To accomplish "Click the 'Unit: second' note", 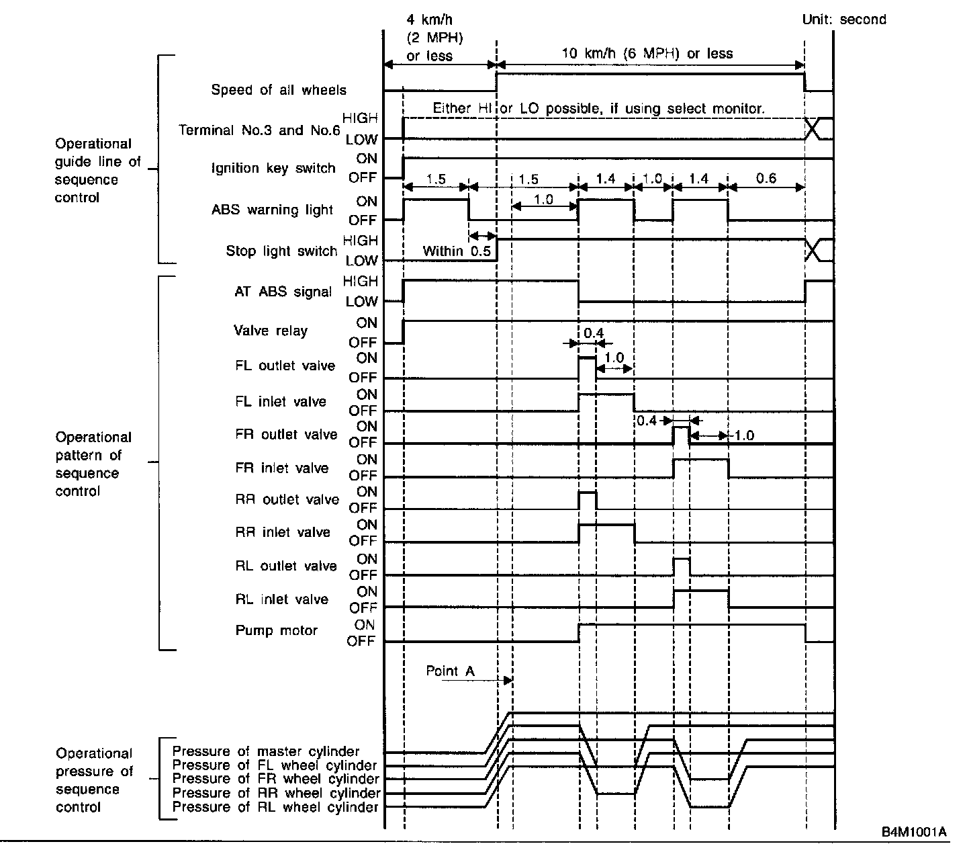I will tap(844, 19).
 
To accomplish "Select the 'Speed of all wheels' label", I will tap(279, 90).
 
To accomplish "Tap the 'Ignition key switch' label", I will tap(273, 168).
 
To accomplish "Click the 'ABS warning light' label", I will tap(272, 210).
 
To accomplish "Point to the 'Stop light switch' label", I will tap(281, 251).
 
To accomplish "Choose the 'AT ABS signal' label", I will tap(283, 292).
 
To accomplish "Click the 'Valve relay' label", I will tap(271, 331).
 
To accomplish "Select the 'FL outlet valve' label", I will tap(285, 366).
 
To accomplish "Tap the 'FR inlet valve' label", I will tap(282, 468).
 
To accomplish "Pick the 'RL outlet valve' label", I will tap(286, 566).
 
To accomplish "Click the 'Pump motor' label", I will tap(276, 630).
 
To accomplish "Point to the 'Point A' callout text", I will tap(450, 671).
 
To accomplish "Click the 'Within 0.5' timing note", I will tap(457, 251).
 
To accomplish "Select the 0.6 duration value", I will tap(766, 178).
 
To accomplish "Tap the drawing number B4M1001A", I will tap(914, 832).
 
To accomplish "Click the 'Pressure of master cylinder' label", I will tap(266, 751).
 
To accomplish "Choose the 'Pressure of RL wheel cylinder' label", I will tap(275, 807).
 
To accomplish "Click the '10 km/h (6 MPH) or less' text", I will tap(647, 54).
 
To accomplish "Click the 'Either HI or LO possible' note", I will tap(598, 108).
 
